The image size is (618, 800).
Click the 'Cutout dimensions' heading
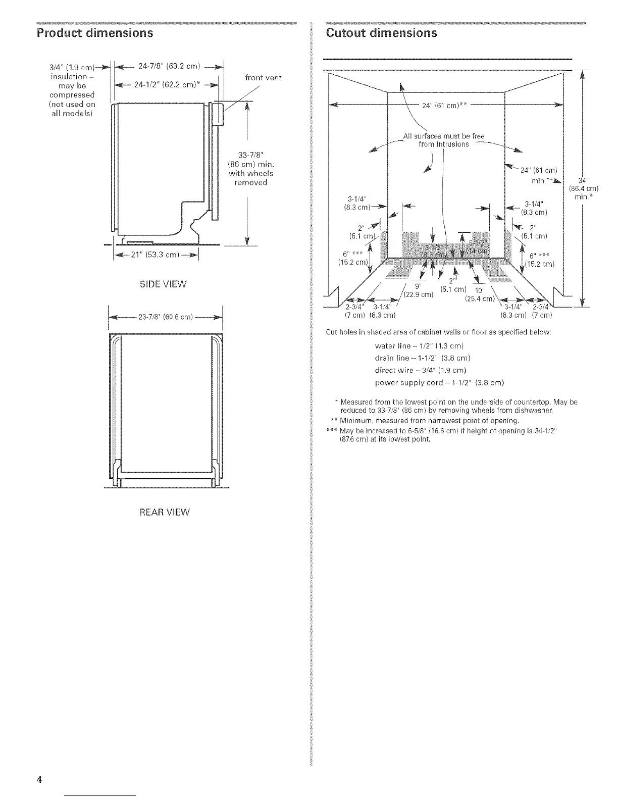tap(382, 33)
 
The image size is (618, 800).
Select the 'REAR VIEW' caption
tap(165, 512)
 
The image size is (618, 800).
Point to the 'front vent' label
tap(263, 78)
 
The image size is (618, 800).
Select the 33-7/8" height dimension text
tap(251, 169)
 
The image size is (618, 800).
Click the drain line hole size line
tap(423, 358)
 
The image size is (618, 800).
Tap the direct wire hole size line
tap(423, 370)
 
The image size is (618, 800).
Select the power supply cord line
tap(439, 382)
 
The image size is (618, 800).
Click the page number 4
tap(38, 778)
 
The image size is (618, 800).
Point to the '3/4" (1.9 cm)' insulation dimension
tap(72, 68)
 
